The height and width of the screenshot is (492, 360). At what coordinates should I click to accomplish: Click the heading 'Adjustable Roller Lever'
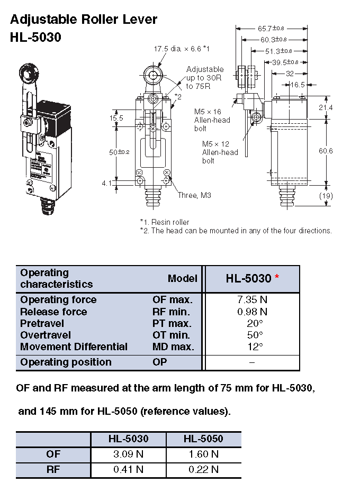[x=84, y=20]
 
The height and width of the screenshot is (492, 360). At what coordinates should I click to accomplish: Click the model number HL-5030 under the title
[x=35, y=38]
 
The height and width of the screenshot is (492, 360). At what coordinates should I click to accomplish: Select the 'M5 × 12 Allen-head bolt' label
[x=220, y=152]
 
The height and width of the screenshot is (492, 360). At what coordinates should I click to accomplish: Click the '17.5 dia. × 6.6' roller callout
[x=182, y=49]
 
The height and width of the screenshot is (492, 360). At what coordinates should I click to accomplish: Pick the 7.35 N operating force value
[x=252, y=300]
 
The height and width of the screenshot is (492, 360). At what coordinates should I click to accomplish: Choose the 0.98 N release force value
[x=252, y=312]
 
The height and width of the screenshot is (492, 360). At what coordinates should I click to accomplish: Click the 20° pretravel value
[x=252, y=323]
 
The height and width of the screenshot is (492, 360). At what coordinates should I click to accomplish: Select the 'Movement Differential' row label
[x=74, y=347]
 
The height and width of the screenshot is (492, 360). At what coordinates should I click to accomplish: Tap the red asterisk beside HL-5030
[x=277, y=278]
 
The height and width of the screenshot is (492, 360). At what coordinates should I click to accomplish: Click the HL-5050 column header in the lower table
[x=203, y=439]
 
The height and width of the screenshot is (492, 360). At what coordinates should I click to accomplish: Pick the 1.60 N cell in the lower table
[x=203, y=454]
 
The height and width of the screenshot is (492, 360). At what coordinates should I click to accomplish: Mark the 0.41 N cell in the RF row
[x=128, y=469]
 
